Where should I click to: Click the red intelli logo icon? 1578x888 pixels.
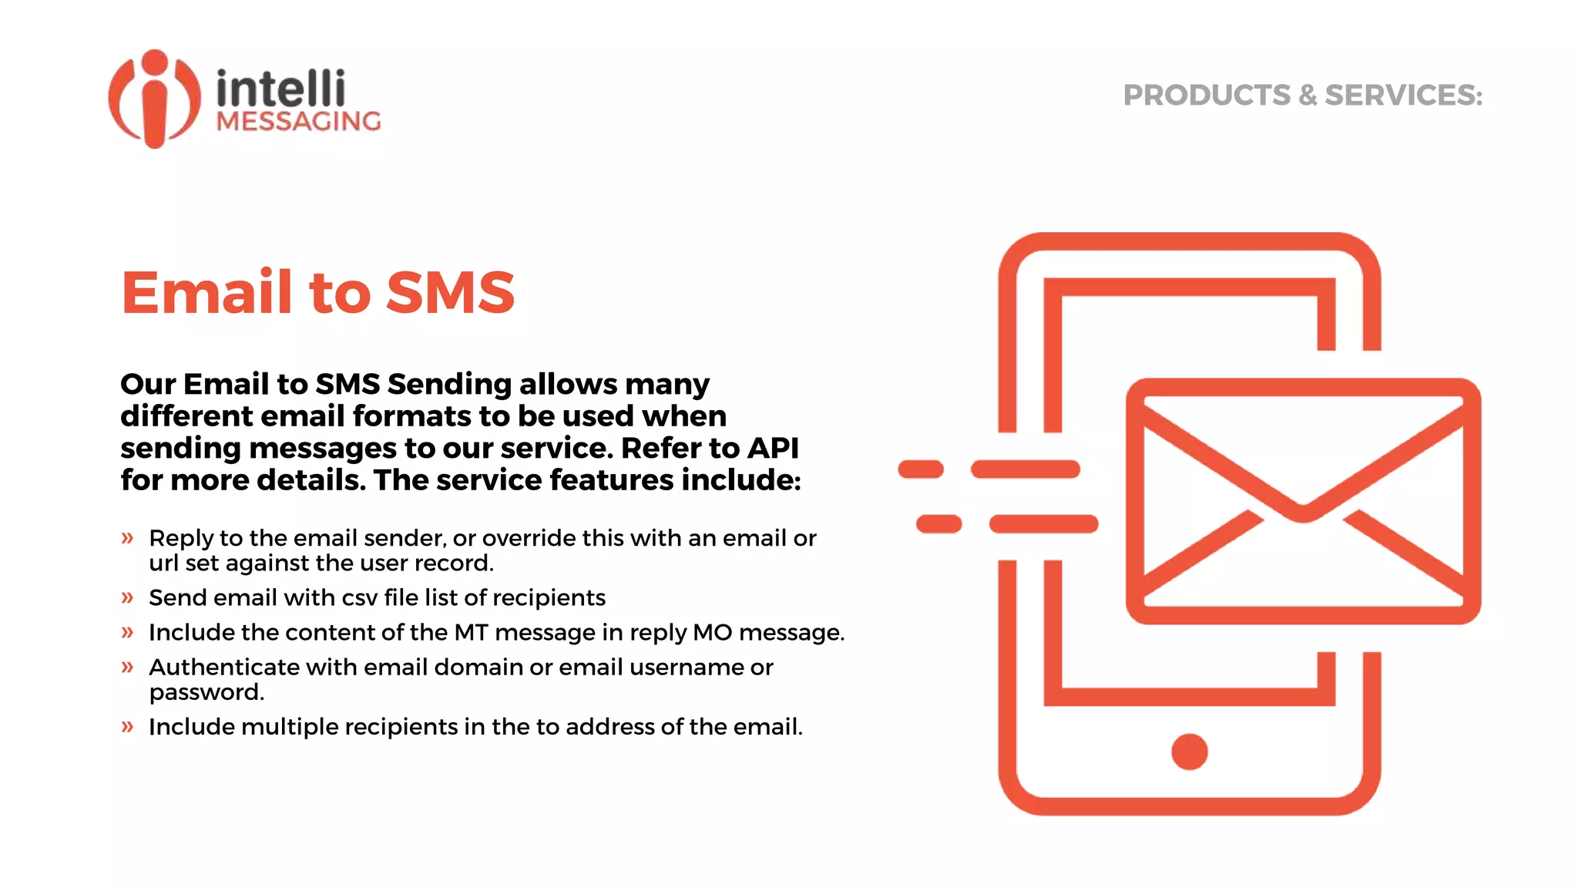[154, 99]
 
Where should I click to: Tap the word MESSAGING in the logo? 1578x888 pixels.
[298, 122]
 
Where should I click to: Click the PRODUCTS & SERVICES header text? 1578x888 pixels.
[1302, 96]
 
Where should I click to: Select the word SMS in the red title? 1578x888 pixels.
[450, 293]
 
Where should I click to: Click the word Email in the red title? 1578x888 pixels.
[207, 293]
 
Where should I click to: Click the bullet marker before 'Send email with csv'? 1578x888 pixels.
[128, 597]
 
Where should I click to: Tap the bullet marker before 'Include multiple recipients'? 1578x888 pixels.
[128, 727]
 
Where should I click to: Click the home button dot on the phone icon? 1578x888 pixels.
[1189, 752]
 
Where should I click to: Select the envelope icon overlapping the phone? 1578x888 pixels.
[1303, 501]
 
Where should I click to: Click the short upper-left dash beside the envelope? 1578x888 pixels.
[921, 469]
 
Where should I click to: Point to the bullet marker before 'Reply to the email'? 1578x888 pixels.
[128, 538]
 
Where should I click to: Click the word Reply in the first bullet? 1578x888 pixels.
[181, 539]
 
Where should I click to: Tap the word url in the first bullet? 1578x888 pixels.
[163, 563]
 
